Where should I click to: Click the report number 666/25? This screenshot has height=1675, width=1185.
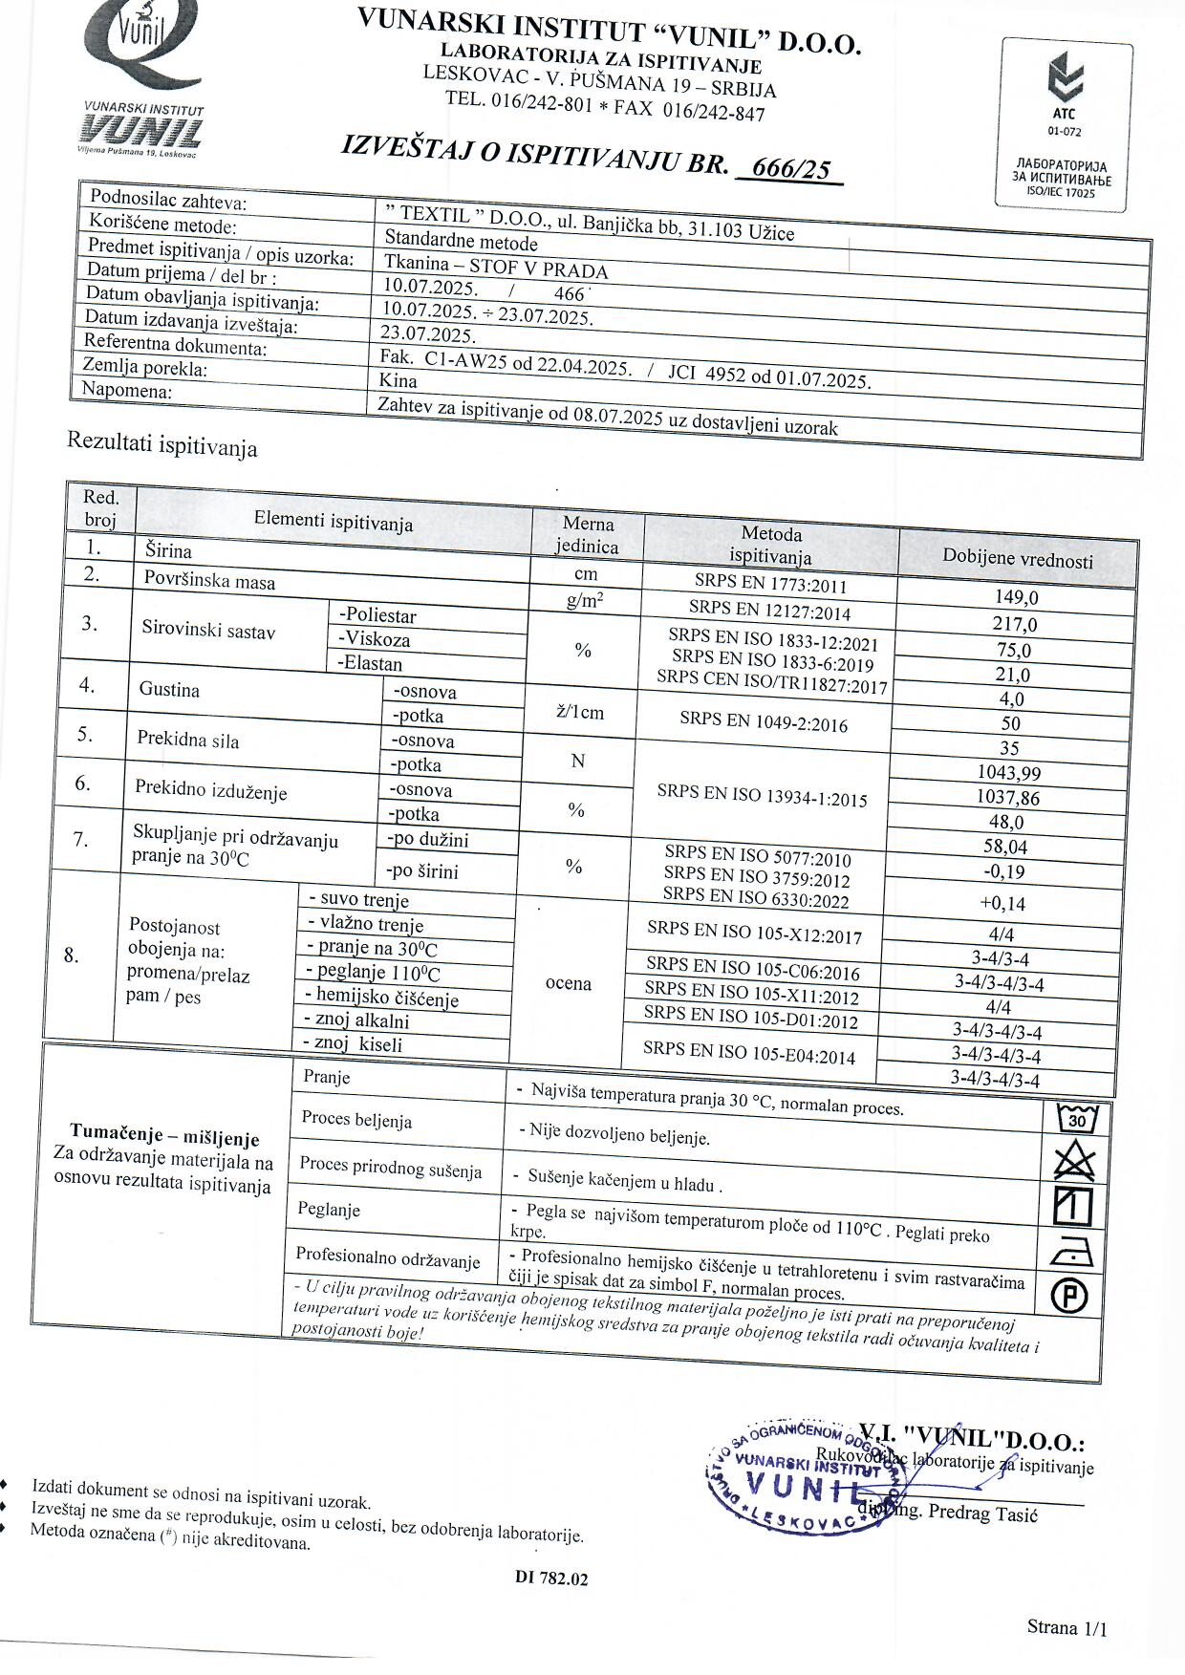click(x=790, y=168)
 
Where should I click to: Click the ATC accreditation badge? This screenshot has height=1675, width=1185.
click(x=1065, y=124)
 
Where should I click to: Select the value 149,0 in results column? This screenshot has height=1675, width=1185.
click(x=1017, y=597)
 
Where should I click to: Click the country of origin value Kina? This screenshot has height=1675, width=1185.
click(x=399, y=380)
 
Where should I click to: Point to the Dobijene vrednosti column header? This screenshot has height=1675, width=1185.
click(x=1018, y=559)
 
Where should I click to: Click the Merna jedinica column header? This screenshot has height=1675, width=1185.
click(x=588, y=535)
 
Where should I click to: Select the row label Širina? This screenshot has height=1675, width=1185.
click(x=168, y=550)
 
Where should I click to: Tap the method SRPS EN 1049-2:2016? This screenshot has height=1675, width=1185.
click(x=764, y=722)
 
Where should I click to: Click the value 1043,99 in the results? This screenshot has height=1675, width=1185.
click(x=1009, y=772)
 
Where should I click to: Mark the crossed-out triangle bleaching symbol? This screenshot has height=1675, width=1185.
click(x=1074, y=1162)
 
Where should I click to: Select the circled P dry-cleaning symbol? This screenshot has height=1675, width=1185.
click(x=1069, y=1296)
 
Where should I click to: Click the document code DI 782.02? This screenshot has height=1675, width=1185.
click(x=551, y=1578)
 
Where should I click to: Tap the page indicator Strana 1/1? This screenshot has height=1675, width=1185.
click(x=1066, y=1627)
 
